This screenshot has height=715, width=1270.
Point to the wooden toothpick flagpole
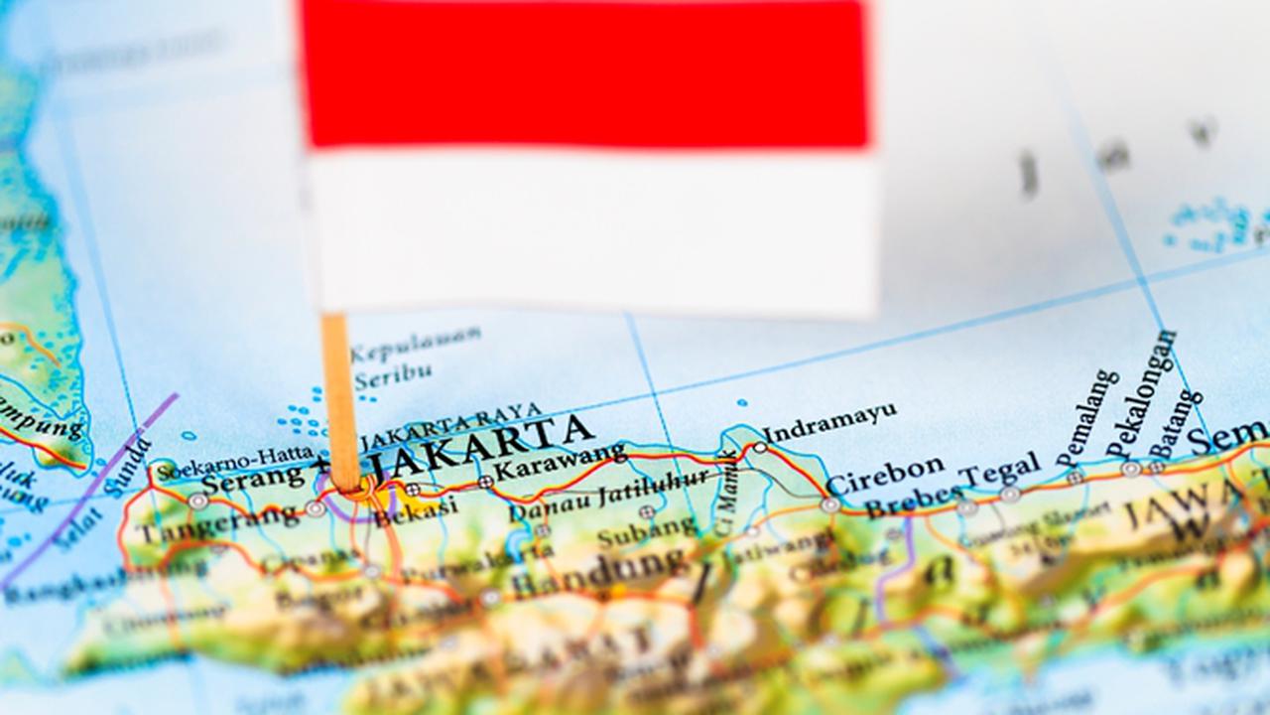(339, 397)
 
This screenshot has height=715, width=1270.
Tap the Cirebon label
(885, 475)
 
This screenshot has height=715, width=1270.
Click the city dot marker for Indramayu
(760, 448)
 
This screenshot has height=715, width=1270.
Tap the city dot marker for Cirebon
(830, 504)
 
